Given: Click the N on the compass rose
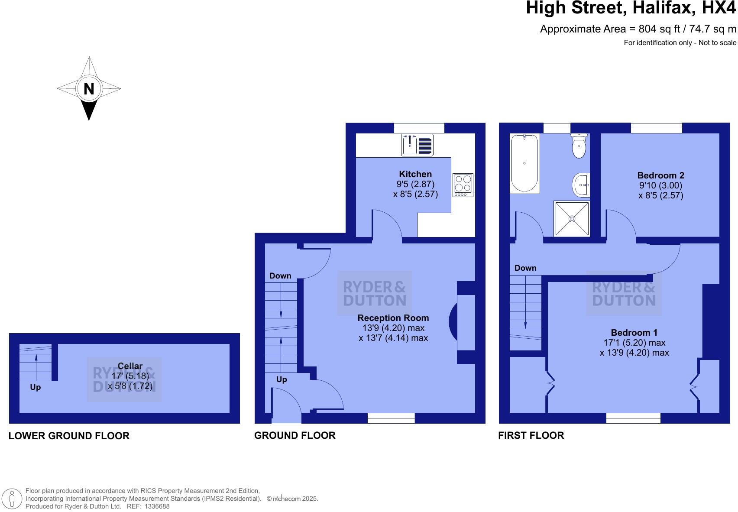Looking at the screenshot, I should click(89, 89).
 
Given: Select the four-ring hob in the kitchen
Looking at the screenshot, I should click(463, 185).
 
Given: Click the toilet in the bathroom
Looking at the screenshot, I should click(579, 146).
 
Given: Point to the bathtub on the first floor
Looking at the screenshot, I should click(524, 163).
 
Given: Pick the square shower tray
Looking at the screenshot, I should click(572, 219).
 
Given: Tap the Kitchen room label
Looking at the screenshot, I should click(415, 174).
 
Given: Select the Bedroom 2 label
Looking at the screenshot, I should click(660, 175).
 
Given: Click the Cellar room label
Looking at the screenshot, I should click(130, 366).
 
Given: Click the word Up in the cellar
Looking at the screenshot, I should click(36, 387).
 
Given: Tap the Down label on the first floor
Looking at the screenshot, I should click(525, 268).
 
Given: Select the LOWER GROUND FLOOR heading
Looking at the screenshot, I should click(69, 436).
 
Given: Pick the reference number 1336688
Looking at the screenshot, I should click(157, 506).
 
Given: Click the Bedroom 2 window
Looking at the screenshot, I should click(656, 128).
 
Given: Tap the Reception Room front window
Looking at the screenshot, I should click(391, 418).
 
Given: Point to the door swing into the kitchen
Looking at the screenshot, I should click(387, 223).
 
